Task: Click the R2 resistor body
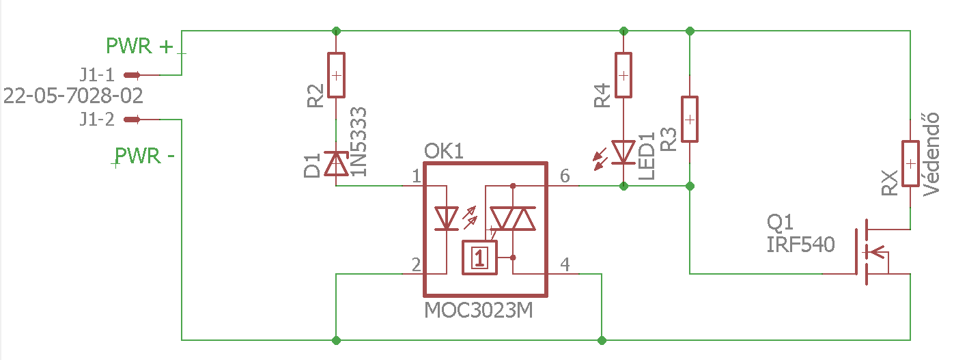tap(336, 75)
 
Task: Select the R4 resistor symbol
tap(623, 75)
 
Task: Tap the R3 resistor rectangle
tap(690, 120)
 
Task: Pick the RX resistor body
tap(910, 163)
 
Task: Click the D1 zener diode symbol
tap(336, 163)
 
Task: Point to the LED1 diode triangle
tap(623, 152)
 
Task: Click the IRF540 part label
tap(800, 245)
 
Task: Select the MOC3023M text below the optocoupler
tap(478, 310)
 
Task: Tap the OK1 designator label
tap(443, 151)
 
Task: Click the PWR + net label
tap(139, 46)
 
